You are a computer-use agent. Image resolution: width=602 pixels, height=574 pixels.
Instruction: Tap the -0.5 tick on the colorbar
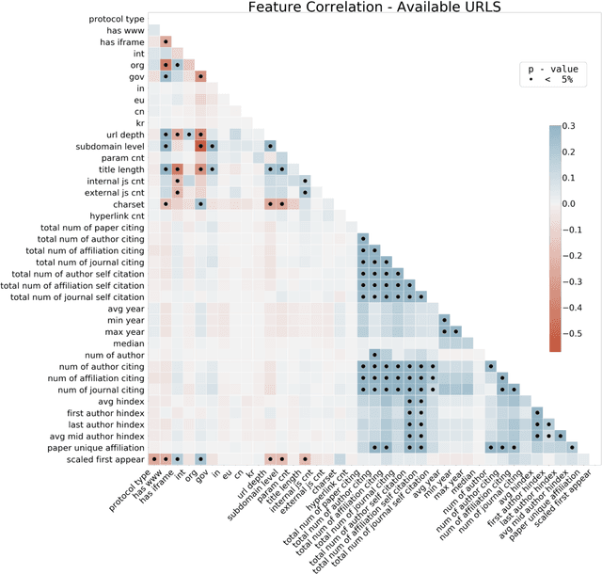(x=582, y=333)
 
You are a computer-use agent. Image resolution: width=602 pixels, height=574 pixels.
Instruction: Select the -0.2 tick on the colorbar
(x=582, y=255)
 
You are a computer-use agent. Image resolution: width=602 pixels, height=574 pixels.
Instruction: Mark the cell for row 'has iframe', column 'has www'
(x=166, y=42)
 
